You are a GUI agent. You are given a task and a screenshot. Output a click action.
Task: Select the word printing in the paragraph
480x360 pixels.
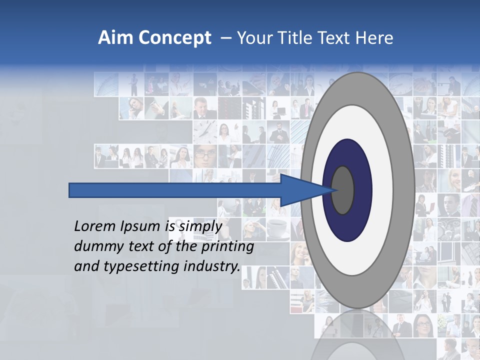pyautogui.click(x=229, y=246)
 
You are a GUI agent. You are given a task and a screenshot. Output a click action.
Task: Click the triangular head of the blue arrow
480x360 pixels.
pyautogui.click(x=300, y=190)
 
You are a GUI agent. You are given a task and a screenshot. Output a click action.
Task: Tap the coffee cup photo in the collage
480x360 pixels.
pyautogui.click(x=277, y=228)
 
